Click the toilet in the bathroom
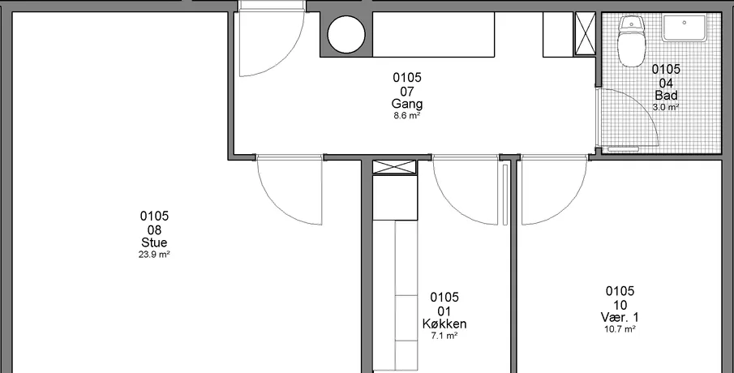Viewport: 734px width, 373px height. [632, 42]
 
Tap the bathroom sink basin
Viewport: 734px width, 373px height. [684, 28]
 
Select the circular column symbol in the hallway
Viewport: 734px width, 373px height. [346, 34]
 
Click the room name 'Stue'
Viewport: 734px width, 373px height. [154, 242]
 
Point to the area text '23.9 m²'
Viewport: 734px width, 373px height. [154, 255]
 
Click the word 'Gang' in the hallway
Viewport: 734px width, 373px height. [407, 104]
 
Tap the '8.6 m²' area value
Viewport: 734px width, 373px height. [407, 116]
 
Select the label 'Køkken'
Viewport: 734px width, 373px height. [444, 324]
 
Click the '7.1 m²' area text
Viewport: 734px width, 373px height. [444, 335]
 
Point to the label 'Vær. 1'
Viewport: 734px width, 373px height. [620, 317]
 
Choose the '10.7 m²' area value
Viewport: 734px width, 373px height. [620, 329]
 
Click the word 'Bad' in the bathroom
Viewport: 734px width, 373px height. [666, 96]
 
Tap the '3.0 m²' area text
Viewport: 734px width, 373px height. [666, 107]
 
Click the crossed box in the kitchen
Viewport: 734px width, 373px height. [394, 167]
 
